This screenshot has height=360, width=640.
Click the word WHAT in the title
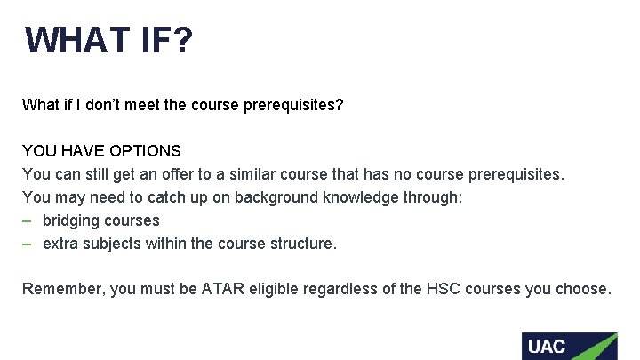coord(77,40)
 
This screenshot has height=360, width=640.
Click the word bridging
coord(72,220)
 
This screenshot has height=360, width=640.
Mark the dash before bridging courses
coord(28,220)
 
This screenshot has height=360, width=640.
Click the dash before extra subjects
coord(28,244)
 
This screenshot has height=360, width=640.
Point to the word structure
coord(303,244)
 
